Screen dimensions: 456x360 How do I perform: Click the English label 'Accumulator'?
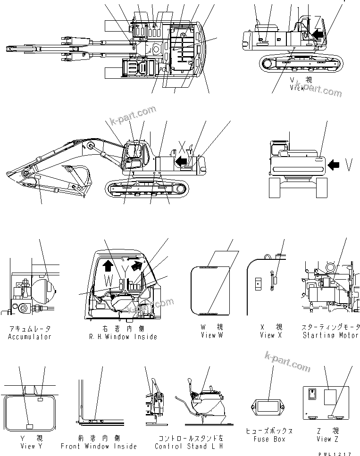click(x=29, y=337)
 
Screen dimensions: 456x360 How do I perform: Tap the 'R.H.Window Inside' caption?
click(x=123, y=337)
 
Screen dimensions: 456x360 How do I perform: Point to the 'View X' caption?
click(x=271, y=335)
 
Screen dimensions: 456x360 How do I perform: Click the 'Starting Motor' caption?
click(x=330, y=335)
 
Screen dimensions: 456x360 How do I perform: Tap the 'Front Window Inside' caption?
click(x=99, y=446)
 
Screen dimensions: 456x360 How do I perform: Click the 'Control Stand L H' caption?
click(x=189, y=446)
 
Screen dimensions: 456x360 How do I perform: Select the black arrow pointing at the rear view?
click(x=334, y=165)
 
